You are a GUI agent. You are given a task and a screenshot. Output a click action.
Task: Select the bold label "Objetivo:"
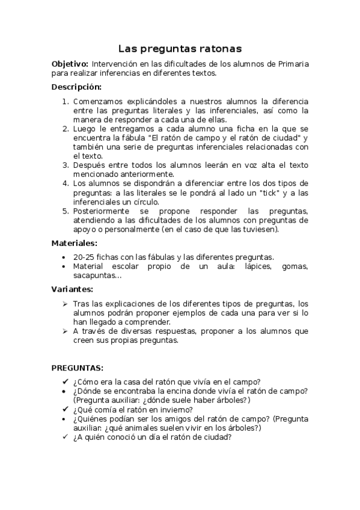click(x=70, y=64)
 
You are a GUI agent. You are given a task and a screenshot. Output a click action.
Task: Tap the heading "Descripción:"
click(x=76, y=87)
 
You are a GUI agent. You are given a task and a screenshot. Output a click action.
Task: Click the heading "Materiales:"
click(x=74, y=244)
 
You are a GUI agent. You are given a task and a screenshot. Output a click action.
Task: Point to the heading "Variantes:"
click(x=72, y=289)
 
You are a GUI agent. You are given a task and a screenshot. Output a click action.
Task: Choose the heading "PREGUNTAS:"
click(x=78, y=367)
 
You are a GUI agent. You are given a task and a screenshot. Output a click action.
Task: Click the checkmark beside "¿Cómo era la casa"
click(x=65, y=381)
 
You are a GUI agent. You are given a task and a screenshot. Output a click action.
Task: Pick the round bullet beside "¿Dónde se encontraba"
click(x=65, y=391)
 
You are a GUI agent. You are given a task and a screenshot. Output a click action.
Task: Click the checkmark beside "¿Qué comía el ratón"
click(x=65, y=410)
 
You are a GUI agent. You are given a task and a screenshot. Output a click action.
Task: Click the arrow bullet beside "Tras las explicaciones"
click(x=65, y=303)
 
